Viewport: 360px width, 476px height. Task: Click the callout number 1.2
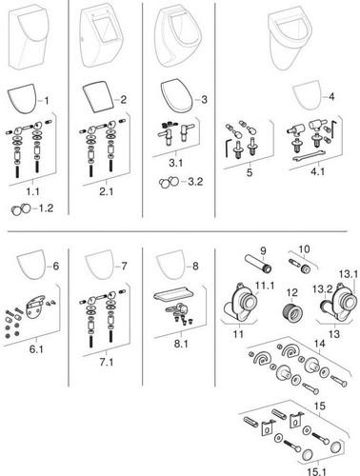point(46,208)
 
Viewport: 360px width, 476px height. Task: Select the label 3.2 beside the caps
point(195,182)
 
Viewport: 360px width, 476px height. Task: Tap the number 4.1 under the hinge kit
point(317,171)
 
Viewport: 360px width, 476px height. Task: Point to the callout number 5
point(250,172)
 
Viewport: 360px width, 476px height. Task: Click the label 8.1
point(181,344)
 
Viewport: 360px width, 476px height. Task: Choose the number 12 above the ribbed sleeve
point(292,292)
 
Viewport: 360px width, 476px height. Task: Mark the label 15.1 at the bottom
point(317,472)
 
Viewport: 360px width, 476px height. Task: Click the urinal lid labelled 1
point(22,98)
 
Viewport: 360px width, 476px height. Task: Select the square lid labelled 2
point(99,98)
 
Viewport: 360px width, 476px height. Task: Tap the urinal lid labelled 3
point(176,97)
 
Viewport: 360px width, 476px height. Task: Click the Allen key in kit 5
point(228,149)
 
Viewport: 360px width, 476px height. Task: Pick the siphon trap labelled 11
point(240,304)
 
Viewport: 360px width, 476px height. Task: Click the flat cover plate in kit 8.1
point(175,296)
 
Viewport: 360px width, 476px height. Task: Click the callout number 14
point(319,344)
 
